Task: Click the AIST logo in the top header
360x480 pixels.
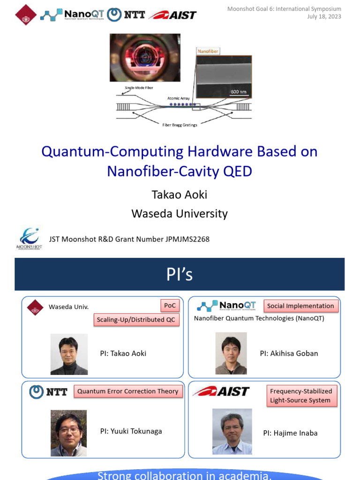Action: [x=172, y=15]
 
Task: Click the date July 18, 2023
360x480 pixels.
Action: [x=324, y=17]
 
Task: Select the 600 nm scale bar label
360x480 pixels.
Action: [x=239, y=91]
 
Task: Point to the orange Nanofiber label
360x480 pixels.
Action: [x=208, y=51]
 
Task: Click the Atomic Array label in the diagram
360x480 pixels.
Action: [x=178, y=98]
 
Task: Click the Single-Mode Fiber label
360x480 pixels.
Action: [x=139, y=88]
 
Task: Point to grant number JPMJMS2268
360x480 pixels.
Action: [x=187, y=239]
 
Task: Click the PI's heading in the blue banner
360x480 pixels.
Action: [x=180, y=275]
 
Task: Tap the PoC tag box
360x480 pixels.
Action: [x=170, y=306]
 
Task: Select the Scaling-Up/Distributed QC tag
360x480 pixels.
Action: [x=136, y=320]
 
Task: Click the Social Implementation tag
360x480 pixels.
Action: [x=300, y=306]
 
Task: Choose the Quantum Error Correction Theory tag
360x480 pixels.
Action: [x=127, y=391]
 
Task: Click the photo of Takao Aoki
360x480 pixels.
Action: [x=69, y=354]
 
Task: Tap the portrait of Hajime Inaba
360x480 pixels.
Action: [x=232, y=431]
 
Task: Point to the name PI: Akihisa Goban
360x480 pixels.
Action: [x=289, y=353]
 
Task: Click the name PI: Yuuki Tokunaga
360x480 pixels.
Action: [x=131, y=431]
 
